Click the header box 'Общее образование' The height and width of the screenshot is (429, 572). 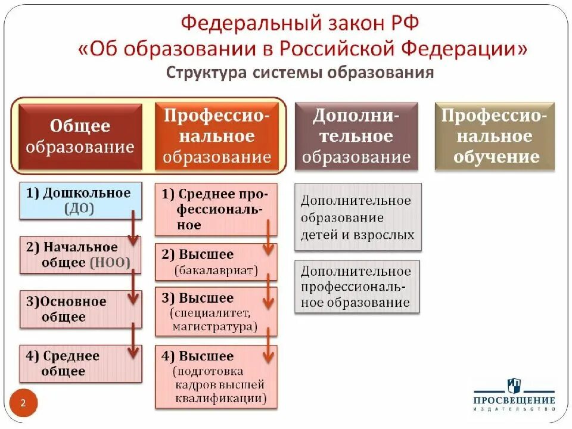click(80, 136)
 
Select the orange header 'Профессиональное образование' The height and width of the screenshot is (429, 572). click(217, 136)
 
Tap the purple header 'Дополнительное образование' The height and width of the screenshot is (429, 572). click(356, 136)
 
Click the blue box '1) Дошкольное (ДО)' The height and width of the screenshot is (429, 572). click(80, 201)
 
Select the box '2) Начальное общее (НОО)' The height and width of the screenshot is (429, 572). click(80, 255)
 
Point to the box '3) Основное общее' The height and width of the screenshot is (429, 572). click(80, 309)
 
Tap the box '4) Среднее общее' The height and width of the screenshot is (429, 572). click(80, 363)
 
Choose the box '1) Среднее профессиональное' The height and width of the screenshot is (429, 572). click(216, 210)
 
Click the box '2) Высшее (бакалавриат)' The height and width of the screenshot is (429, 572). click(216, 262)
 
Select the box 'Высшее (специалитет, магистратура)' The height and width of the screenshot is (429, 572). click(216, 312)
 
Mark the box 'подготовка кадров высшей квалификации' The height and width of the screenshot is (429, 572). click(216, 377)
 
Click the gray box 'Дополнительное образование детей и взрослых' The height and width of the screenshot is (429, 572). click(357, 217)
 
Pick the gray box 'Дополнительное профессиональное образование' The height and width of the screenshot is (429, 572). click(357, 287)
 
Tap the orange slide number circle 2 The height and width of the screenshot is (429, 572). click(23, 403)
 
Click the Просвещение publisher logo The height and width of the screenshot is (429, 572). click(514, 394)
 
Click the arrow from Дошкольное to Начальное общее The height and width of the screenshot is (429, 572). click(134, 226)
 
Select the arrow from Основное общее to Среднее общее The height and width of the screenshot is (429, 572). click(134, 337)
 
